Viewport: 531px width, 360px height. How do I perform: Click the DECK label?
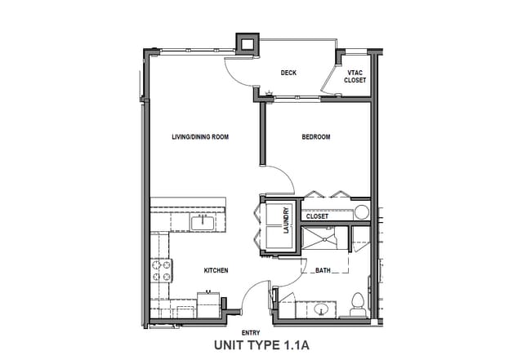pyautogui.click(x=288, y=73)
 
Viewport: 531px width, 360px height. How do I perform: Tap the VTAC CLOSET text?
pyautogui.click(x=356, y=76)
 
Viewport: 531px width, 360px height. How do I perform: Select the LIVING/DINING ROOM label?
pyautogui.click(x=199, y=137)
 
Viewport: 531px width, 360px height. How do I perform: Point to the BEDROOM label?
pyautogui.click(x=316, y=137)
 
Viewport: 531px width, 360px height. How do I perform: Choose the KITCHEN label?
pyautogui.click(x=216, y=270)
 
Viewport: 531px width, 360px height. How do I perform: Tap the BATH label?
pyautogui.click(x=323, y=270)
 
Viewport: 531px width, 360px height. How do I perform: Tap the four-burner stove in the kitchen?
pyautogui.click(x=160, y=270)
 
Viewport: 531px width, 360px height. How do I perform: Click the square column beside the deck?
pyautogui.click(x=246, y=44)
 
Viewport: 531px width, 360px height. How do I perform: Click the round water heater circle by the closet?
pyautogui.click(x=361, y=214)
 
